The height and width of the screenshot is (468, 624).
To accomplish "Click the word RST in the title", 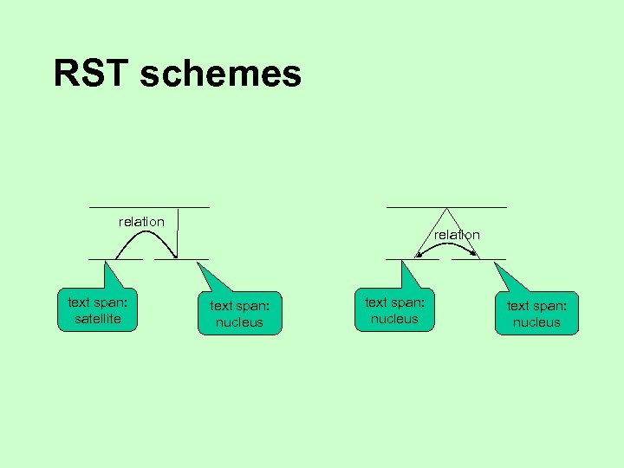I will pyautogui.click(x=89, y=74).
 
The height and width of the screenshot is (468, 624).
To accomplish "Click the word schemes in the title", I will pyautogui.click(x=220, y=74).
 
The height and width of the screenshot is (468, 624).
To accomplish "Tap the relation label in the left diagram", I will pyautogui.click(x=141, y=222).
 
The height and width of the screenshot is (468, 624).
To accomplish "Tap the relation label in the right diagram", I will pyautogui.click(x=457, y=235).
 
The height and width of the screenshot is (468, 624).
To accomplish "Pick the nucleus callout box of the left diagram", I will pyautogui.click(x=239, y=314).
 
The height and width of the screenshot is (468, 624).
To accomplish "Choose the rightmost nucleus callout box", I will pyautogui.click(x=536, y=314).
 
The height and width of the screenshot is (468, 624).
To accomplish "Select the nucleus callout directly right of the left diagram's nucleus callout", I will pyautogui.click(x=394, y=310).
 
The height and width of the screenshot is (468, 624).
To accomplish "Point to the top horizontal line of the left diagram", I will pyautogui.click(x=148, y=207).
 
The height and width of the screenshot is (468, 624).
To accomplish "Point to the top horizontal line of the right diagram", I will pyautogui.click(x=446, y=207).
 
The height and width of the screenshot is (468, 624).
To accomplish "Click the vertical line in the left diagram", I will pyautogui.click(x=178, y=232).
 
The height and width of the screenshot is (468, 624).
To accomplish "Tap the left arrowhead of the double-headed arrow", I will pyautogui.click(x=419, y=253).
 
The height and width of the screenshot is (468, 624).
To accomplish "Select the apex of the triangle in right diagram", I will pyautogui.click(x=446, y=209).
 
